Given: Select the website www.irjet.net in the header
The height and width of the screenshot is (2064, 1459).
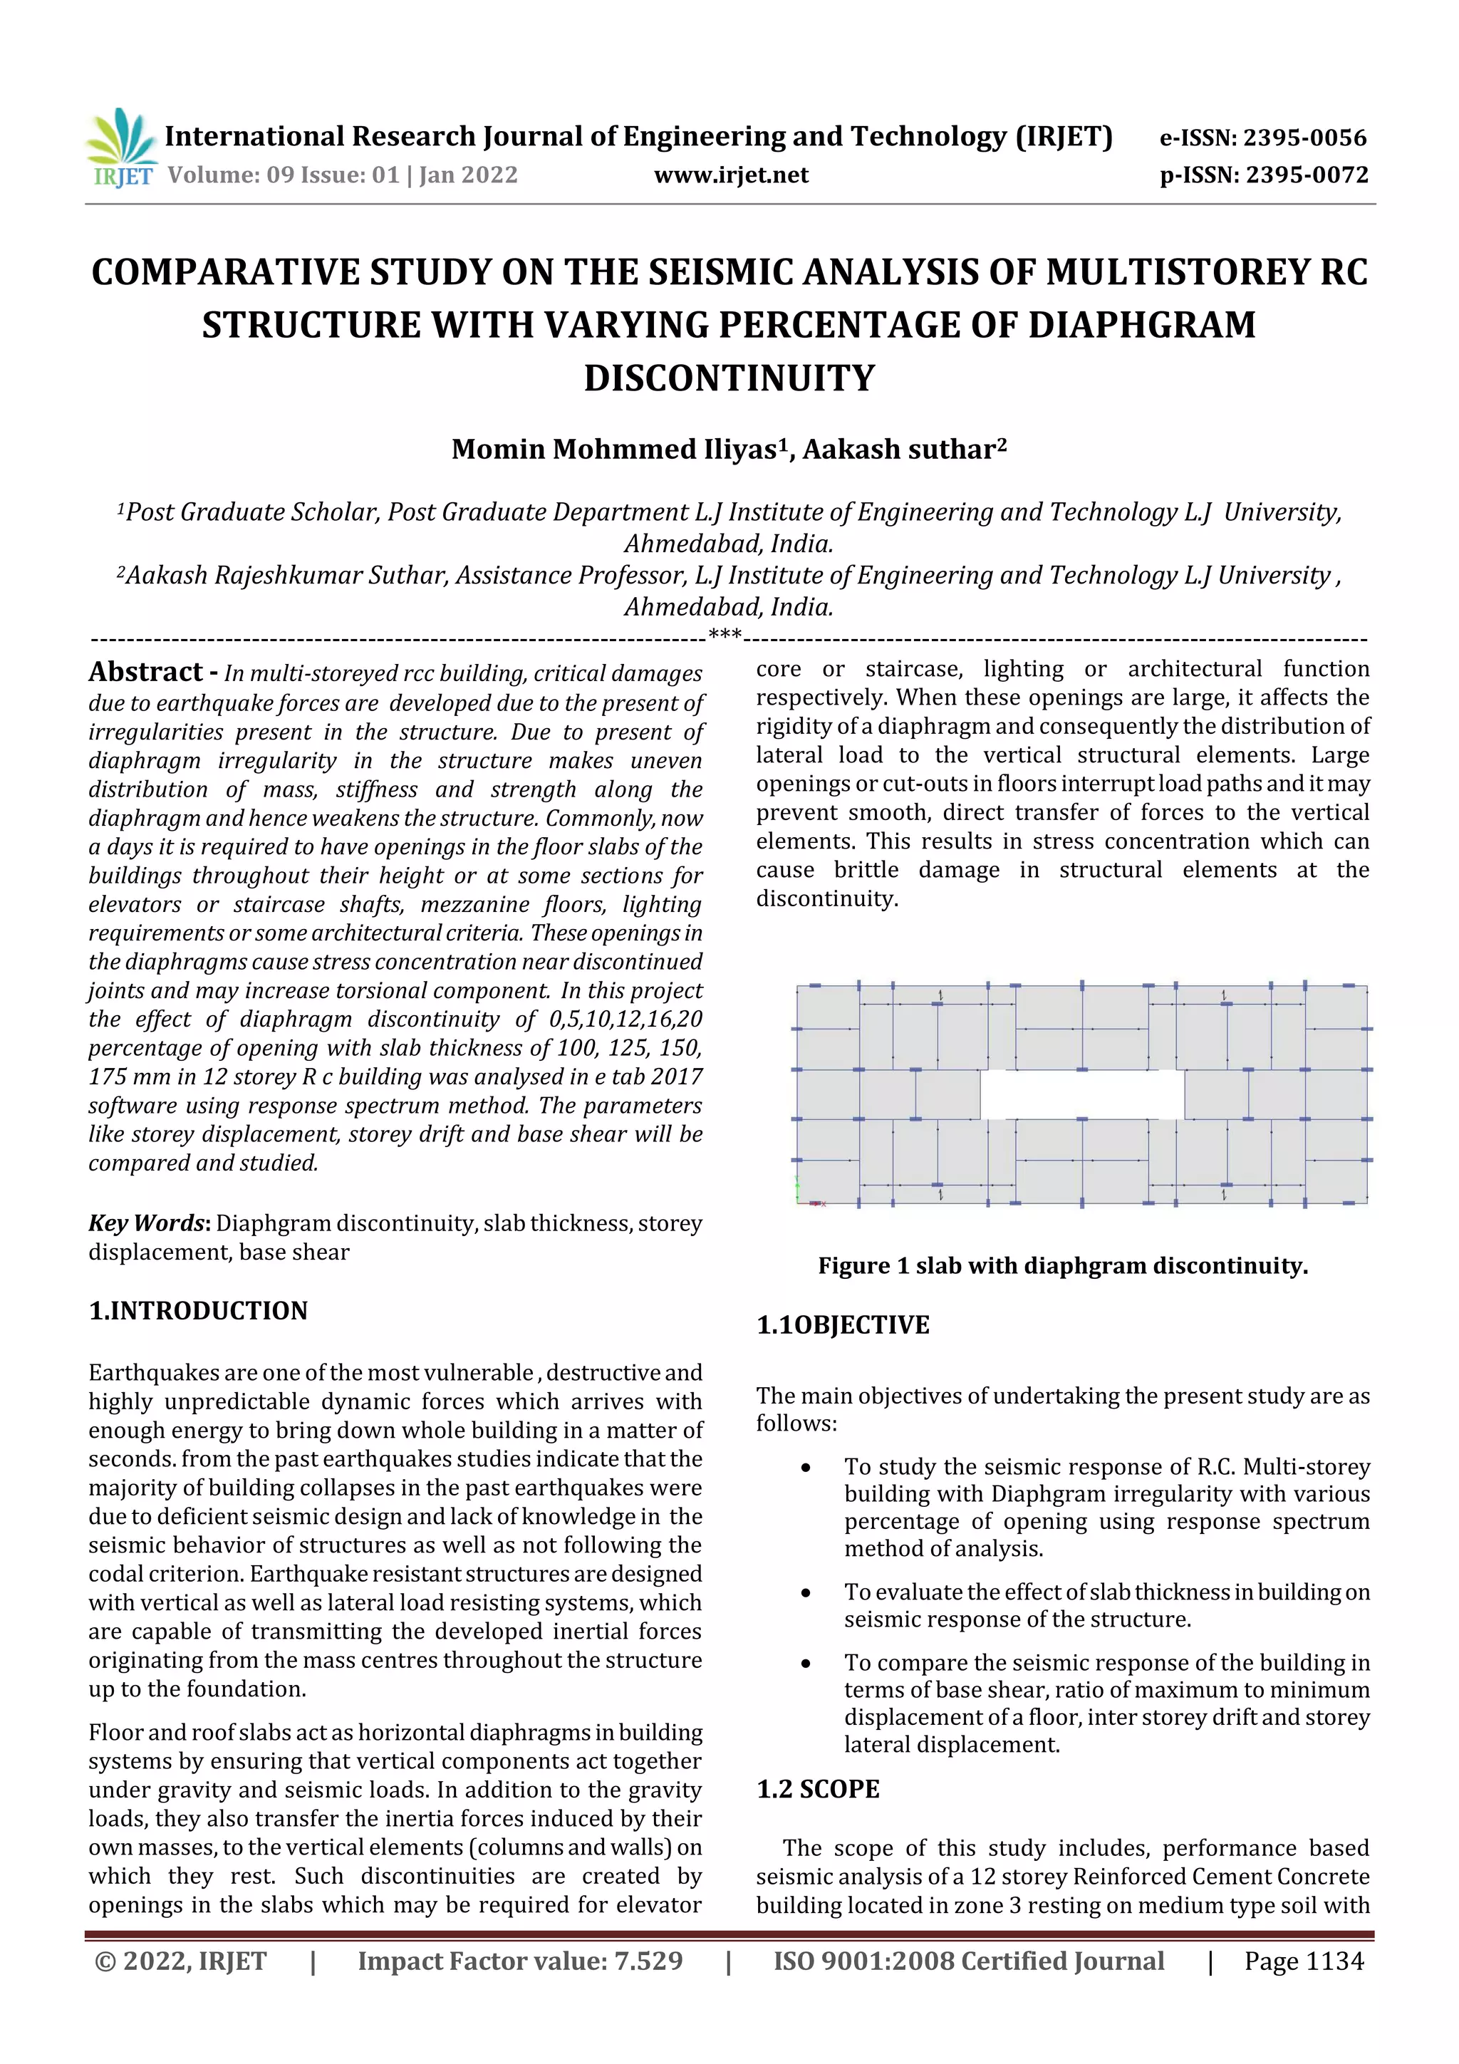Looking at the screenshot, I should click(x=731, y=175).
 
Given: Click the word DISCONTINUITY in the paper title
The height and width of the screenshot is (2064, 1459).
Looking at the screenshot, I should click(x=729, y=378).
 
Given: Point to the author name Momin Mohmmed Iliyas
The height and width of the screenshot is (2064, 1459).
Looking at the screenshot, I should click(x=613, y=450).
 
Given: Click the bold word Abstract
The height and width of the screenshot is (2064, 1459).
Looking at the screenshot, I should click(x=145, y=673).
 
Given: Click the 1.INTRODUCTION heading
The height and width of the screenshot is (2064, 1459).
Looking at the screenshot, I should click(x=198, y=1311).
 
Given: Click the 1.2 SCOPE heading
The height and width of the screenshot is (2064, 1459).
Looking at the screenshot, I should click(x=818, y=1789).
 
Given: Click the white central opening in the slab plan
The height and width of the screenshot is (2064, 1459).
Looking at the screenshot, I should click(x=1081, y=1095).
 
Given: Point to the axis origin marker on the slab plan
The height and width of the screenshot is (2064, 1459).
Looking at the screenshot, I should click(x=799, y=1200).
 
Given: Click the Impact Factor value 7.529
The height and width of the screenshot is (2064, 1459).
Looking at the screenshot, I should click(x=648, y=1961).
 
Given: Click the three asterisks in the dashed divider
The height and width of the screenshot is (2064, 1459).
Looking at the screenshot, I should click(x=725, y=636).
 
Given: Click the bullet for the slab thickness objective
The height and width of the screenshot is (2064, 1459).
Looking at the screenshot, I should click(x=806, y=1593).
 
